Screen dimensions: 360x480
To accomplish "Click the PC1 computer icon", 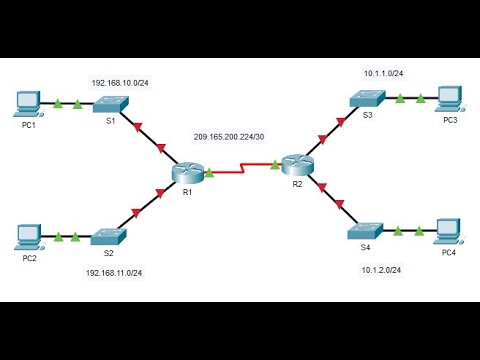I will (x=29, y=100).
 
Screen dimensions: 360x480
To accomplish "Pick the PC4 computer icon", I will (x=448, y=231).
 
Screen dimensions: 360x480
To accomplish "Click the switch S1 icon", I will (x=112, y=103).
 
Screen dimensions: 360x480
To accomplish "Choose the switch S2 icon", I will (x=109, y=236).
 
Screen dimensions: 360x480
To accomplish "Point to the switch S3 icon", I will (x=366, y=98).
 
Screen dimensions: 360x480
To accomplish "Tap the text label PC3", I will (x=451, y=120).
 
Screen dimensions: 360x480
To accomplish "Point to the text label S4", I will (x=365, y=247).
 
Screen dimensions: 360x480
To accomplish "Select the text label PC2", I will (x=29, y=258).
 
